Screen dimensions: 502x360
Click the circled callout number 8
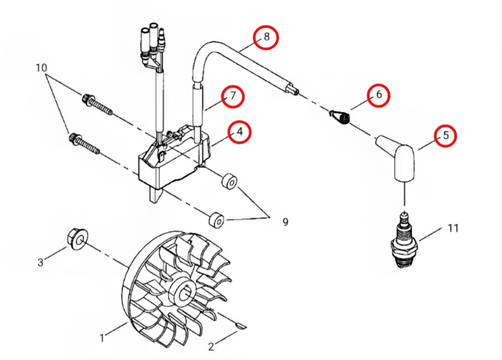[267, 37]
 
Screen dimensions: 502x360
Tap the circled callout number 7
[233, 96]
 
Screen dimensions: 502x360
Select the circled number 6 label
[379, 94]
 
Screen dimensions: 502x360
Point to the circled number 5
[446, 136]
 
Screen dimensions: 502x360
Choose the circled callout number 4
[240, 131]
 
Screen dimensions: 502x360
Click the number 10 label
[41, 68]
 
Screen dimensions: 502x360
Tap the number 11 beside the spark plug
[453, 228]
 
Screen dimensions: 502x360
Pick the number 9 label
[286, 222]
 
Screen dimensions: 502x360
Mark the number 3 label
[40, 263]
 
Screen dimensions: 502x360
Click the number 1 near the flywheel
[102, 338]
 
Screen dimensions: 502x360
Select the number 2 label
[211, 347]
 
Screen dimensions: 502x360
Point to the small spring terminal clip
[340, 116]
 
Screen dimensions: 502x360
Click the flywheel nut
[78, 239]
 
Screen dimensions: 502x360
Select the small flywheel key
[241, 325]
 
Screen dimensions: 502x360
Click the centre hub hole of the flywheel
[185, 294]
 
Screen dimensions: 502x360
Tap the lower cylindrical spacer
[216, 220]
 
